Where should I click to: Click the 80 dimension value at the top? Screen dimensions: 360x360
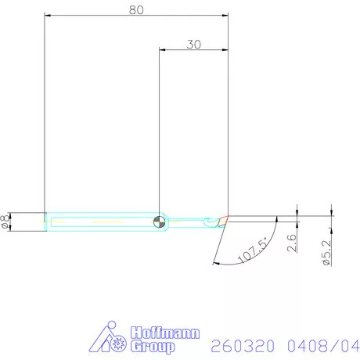pos(136,9)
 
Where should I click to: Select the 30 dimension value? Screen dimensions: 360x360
pos(193,44)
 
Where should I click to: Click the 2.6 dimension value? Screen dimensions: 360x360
pos(291,242)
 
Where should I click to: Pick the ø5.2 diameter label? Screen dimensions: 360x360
pos(326,252)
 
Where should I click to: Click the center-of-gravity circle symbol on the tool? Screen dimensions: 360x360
pos(160,221)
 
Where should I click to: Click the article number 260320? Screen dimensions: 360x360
pos(240,345)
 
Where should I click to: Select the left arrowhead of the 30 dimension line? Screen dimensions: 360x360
pos(163,49)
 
